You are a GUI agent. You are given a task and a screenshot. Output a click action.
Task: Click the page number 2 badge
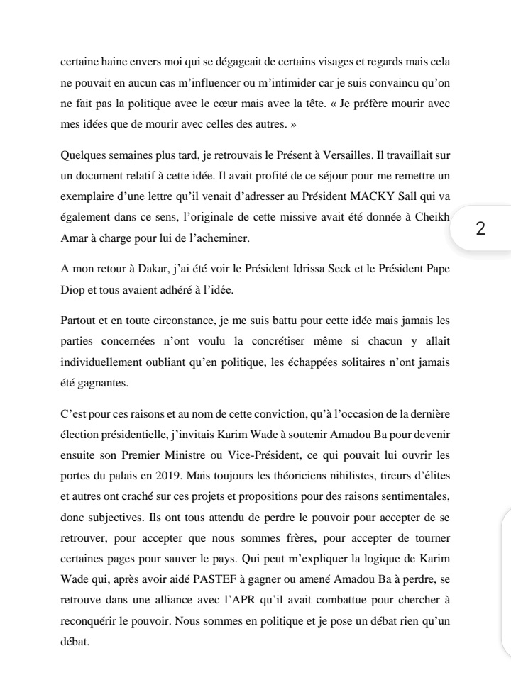pos(480,228)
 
